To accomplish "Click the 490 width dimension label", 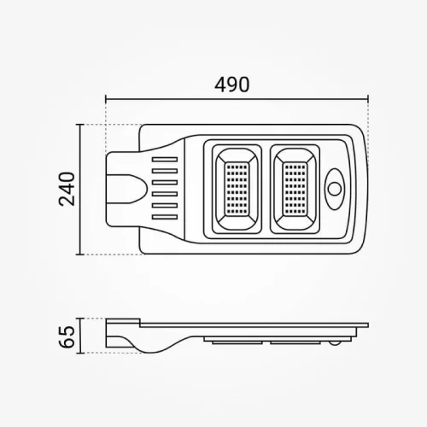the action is [x=232, y=85].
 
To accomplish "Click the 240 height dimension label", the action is [x=67, y=189].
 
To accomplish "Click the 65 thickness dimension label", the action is [x=67, y=337].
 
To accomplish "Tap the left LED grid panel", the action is [x=237, y=189].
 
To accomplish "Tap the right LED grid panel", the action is [x=295, y=189].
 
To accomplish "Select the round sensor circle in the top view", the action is [x=335, y=189].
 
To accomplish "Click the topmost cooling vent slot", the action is [x=165, y=160].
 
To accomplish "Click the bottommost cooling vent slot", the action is [x=165, y=217].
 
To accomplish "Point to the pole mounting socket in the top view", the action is [x=126, y=189].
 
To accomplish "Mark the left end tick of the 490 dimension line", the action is [x=106, y=99].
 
